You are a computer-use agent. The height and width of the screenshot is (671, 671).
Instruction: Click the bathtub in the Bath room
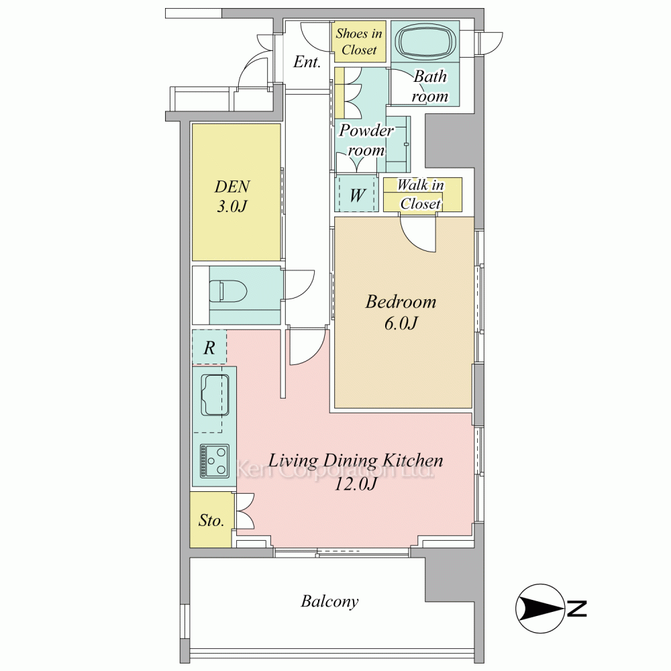click(x=424, y=44)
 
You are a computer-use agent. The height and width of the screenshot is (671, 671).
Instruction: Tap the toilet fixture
click(x=227, y=292)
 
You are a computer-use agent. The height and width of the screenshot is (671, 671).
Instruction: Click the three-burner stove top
click(x=214, y=461)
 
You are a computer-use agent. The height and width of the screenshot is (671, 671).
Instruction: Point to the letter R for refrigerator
click(x=209, y=348)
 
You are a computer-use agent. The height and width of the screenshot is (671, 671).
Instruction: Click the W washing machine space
click(x=357, y=195)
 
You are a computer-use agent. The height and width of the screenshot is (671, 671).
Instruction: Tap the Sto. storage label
click(x=211, y=520)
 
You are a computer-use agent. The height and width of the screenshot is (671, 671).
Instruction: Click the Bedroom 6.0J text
click(x=401, y=312)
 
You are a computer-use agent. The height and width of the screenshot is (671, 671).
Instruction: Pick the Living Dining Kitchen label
click(x=356, y=471)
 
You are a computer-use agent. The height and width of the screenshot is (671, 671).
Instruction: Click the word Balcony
click(x=329, y=601)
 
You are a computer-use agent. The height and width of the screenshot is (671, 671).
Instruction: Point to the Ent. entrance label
click(x=307, y=62)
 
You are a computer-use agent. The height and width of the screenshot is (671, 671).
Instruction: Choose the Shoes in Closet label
click(x=359, y=42)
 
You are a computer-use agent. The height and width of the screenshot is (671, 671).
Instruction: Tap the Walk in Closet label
click(x=421, y=195)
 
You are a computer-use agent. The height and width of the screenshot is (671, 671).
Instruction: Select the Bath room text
click(x=429, y=86)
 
